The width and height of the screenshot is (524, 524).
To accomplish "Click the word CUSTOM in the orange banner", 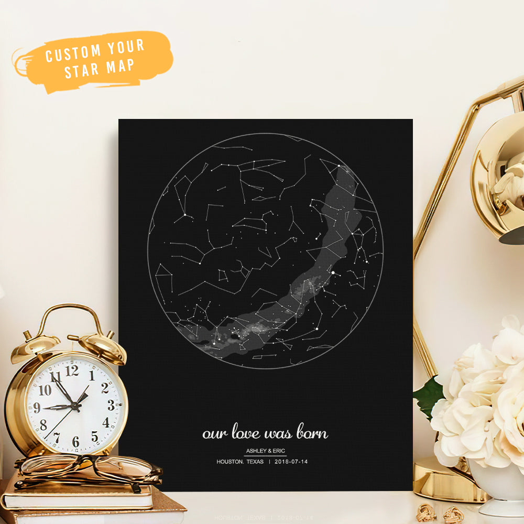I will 73,53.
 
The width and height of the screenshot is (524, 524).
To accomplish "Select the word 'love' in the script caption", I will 246,433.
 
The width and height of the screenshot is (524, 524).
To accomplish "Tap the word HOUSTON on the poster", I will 230,462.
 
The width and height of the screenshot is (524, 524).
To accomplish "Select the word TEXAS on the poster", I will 256,462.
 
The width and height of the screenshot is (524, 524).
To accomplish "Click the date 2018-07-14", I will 291,462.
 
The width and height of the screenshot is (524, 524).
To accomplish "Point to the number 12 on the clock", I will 72,370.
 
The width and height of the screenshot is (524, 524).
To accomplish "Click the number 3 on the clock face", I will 111,405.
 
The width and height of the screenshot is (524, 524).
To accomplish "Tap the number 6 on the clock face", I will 76,442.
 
